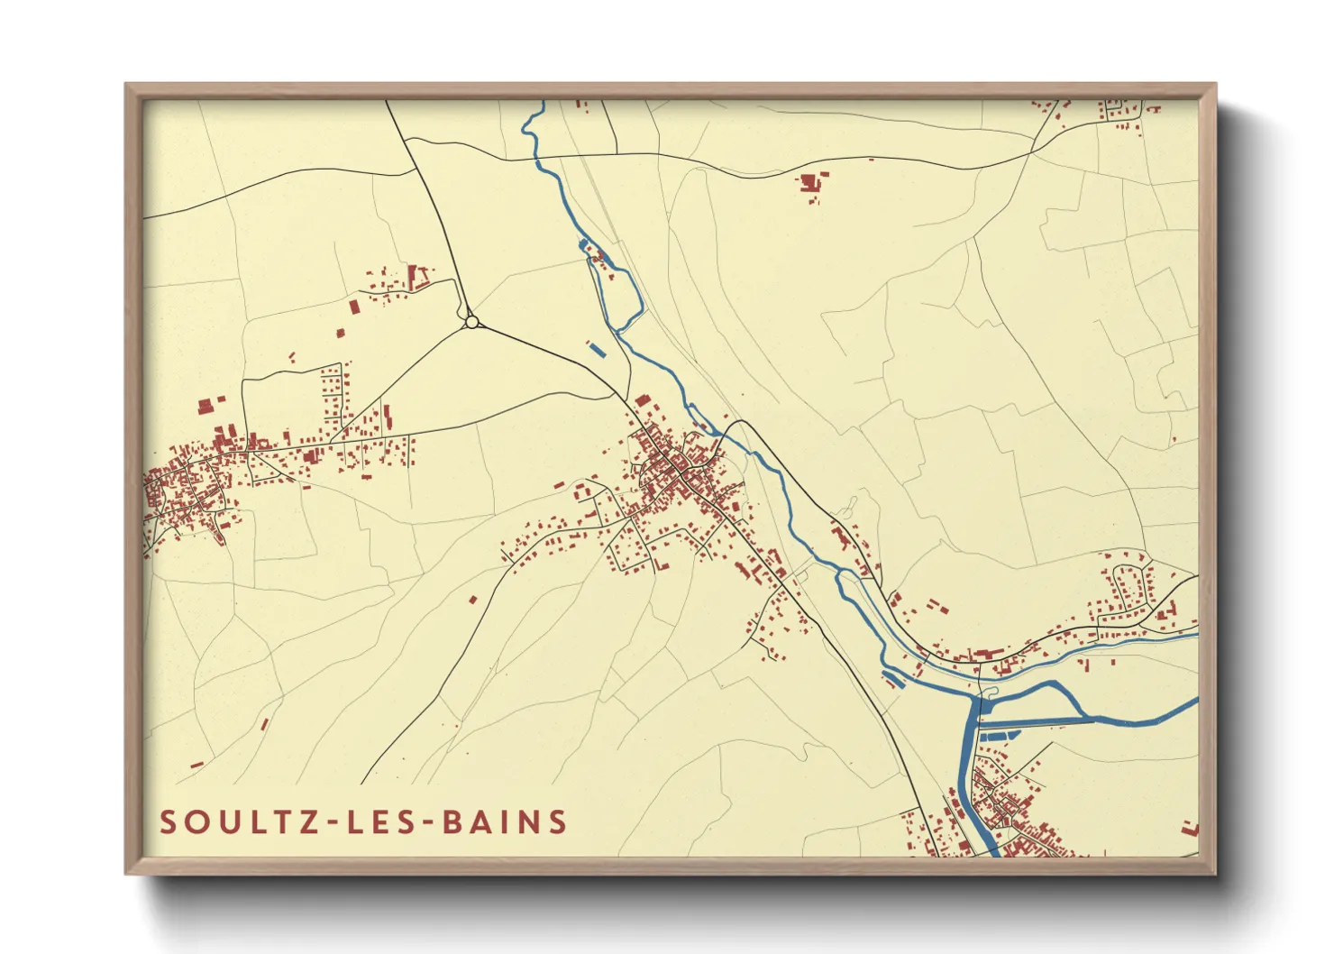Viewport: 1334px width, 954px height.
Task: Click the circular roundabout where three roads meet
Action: [471, 322]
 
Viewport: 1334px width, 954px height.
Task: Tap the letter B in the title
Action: [450, 822]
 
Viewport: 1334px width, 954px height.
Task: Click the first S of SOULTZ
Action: [168, 822]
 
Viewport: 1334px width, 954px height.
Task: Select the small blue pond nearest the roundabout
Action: [594, 346]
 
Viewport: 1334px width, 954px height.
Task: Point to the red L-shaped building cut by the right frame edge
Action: [1191, 828]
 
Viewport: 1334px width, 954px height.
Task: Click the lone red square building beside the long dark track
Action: [472, 599]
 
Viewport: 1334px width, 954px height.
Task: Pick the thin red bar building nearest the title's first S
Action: [196, 765]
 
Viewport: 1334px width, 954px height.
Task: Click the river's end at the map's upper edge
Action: [542, 103]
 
